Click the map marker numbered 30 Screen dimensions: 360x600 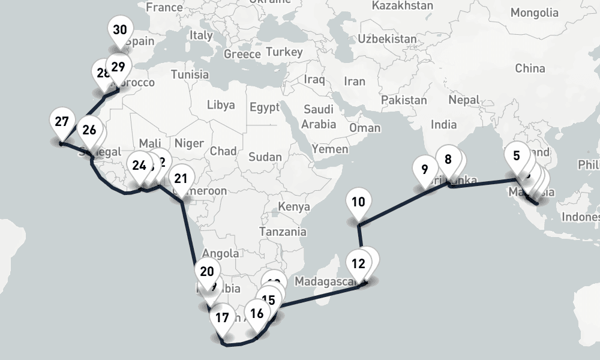pyautogui.click(x=119, y=31)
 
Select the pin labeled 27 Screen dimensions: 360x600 pyautogui.click(x=61, y=122)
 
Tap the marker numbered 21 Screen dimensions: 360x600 pyautogui.click(x=181, y=179)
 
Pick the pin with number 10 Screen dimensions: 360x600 pyautogui.click(x=358, y=202)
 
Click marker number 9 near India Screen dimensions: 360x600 pyautogui.click(x=425, y=170)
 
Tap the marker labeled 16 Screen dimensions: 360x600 pyautogui.click(x=257, y=314)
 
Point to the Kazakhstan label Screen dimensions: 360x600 pyautogui.click(x=402, y=6)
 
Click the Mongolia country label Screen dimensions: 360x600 pyautogui.click(x=534, y=13)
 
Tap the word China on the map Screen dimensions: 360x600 pyautogui.click(x=530, y=68)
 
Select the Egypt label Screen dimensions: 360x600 pyautogui.click(x=265, y=108)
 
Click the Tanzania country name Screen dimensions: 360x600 pyautogui.click(x=283, y=232)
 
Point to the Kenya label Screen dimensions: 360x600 pyautogui.click(x=294, y=207)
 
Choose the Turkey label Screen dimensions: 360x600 pyautogui.click(x=284, y=52)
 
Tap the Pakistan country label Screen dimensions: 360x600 pyautogui.click(x=404, y=100)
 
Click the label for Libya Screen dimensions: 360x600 pyautogui.click(x=221, y=105)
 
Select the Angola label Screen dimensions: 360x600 pyautogui.click(x=221, y=254)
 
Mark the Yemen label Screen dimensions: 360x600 pyautogui.click(x=330, y=149)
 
